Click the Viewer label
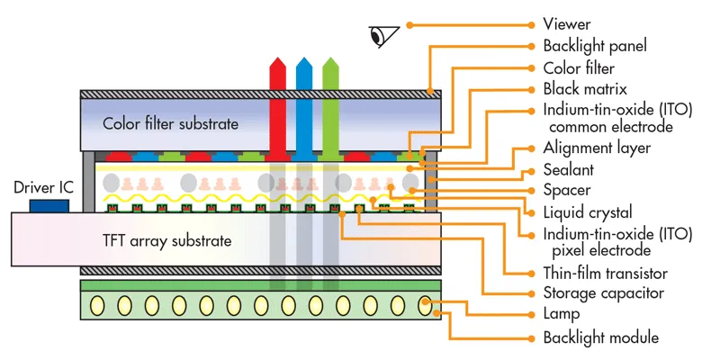pos(567,23)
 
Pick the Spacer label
pos(567,191)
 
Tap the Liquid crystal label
pos(589,212)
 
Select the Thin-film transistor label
pos(605,273)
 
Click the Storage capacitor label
pos(604,293)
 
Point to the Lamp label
pos(562,315)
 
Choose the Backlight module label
pos(601,337)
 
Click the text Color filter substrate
pos(171,123)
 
